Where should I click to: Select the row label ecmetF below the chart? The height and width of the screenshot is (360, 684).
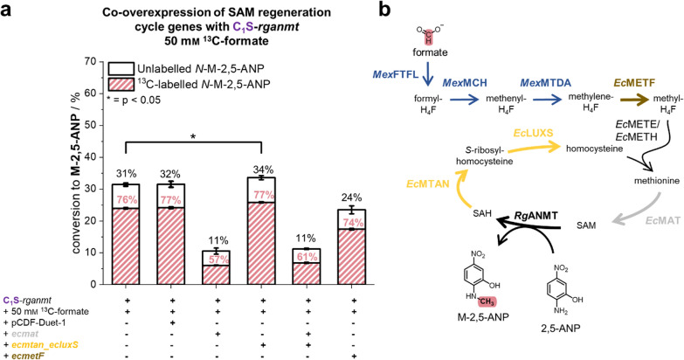click(x=21, y=353)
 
